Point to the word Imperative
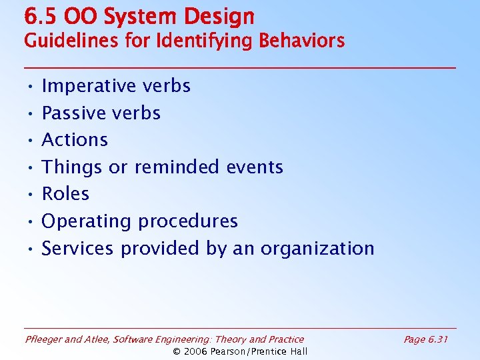coord(87,86)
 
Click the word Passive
coord(73,113)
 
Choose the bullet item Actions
coord(75,140)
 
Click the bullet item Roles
coord(65,194)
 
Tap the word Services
coord(78,249)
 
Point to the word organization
coord(317,249)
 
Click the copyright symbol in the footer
coord(177,351)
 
